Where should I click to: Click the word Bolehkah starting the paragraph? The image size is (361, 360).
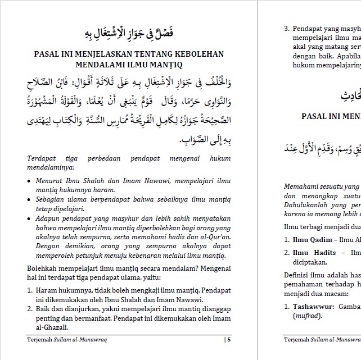click(44, 268)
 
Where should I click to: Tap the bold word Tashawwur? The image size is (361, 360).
click(313, 307)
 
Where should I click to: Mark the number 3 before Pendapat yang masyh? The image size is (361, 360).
click(286, 28)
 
